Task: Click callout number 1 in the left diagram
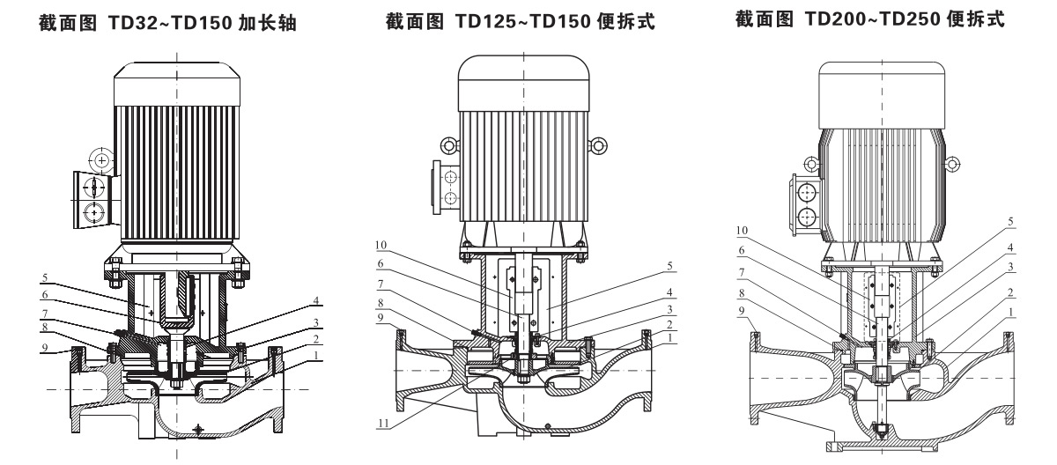[314, 354]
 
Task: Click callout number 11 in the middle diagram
[384, 423]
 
